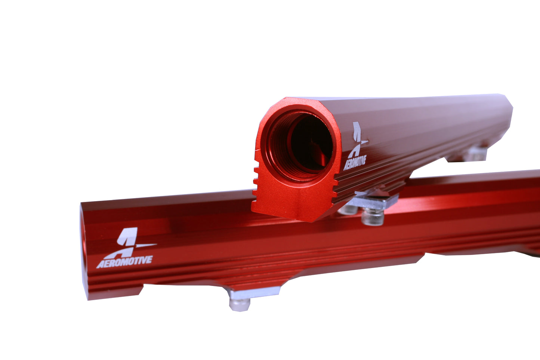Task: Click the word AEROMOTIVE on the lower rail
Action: [124, 261]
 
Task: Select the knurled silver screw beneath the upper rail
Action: [372, 217]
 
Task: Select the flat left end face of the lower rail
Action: [84, 254]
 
